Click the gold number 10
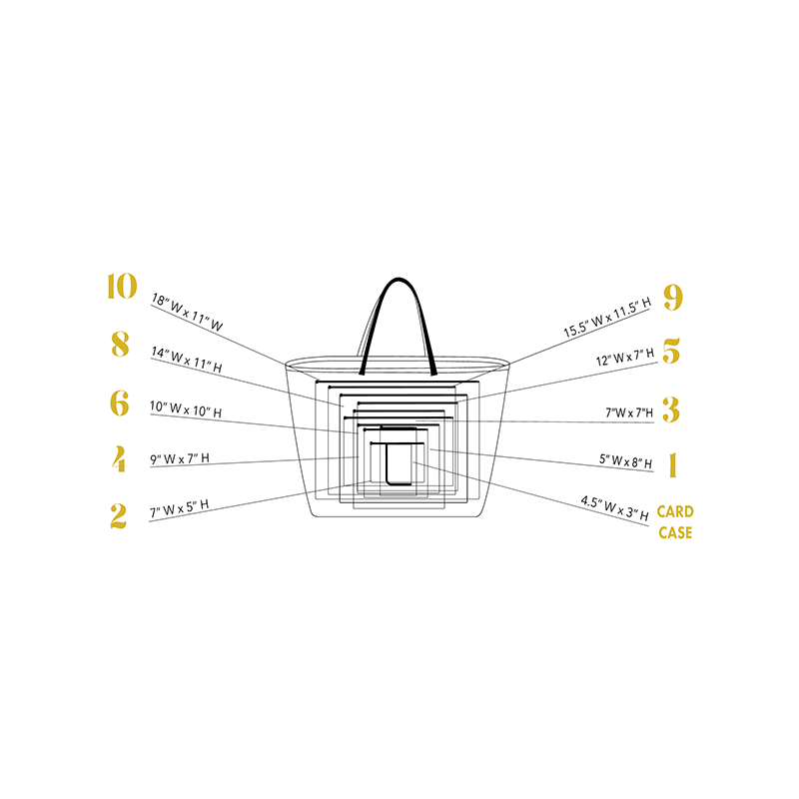(121, 287)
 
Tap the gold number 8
(120, 345)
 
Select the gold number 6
(119, 402)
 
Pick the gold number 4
(119, 459)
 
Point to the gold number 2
(119, 515)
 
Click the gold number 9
(672, 298)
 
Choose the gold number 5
(671, 351)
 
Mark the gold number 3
(671, 408)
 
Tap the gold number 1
(672, 464)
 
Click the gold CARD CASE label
(675, 522)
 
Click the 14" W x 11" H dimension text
(186, 360)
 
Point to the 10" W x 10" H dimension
(186, 409)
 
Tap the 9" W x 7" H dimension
(180, 459)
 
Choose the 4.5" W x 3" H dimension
(615, 508)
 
